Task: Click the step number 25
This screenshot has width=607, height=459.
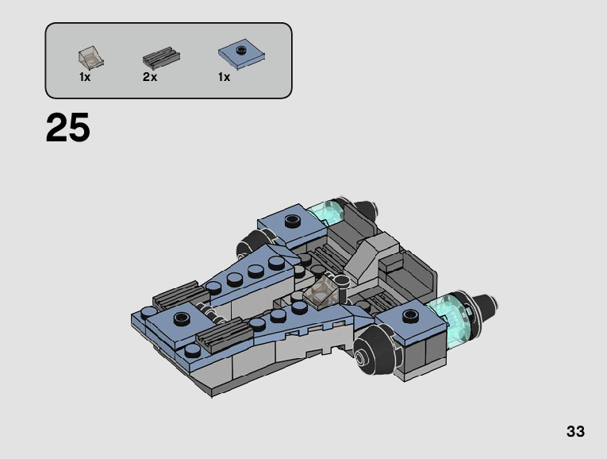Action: pos(68,127)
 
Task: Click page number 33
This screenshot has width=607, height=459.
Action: pos(575,431)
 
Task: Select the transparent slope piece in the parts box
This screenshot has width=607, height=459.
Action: pos(91,58)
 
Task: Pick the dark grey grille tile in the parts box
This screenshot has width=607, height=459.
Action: pos(161,58)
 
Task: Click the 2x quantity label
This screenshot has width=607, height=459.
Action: pos(150,77)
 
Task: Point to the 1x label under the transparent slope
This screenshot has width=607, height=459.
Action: pos(85,77)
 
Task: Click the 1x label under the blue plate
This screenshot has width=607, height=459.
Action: pos(224,77)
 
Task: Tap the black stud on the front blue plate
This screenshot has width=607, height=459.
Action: pos(182,318)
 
